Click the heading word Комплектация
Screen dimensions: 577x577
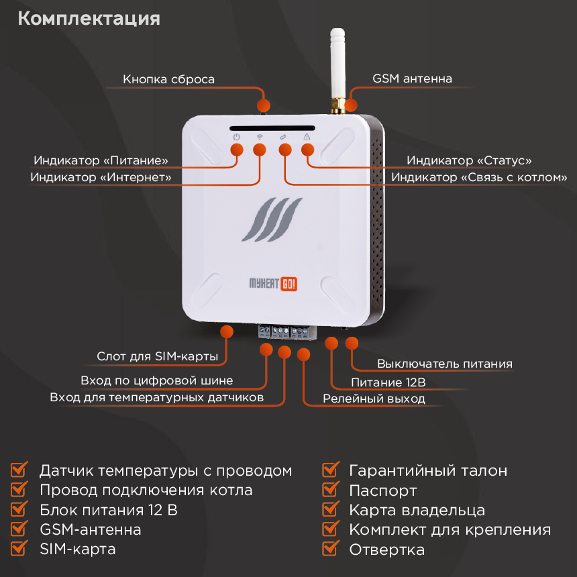89,18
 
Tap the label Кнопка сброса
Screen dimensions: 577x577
168,79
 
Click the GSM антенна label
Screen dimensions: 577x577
412,78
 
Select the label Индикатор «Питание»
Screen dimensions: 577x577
101,161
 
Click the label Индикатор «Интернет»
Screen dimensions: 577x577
101,177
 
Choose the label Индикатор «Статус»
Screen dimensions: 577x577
469,161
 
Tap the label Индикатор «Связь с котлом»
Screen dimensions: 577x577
479,177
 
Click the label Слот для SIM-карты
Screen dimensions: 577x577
157,356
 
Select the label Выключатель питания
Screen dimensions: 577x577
444,364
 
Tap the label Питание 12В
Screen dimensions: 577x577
388,382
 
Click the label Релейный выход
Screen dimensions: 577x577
374,399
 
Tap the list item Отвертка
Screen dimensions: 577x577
386,549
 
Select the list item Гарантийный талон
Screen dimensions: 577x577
428,470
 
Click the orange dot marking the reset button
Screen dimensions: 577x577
264,105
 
